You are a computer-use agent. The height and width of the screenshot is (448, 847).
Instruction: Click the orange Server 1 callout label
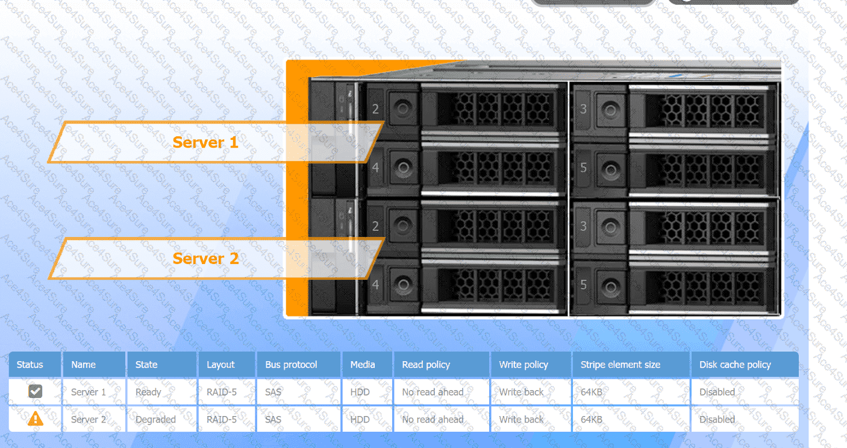pos(206,142)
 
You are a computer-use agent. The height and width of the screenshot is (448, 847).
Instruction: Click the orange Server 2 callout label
pos(206,259)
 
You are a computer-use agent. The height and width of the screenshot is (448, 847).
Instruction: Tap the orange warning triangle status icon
pos(36,419)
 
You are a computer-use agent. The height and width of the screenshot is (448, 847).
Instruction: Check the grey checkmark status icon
pos(36,392)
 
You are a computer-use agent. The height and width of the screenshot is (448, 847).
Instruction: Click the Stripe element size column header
pos(620,365)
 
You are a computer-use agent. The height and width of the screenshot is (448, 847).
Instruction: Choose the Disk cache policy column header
pos(735,365)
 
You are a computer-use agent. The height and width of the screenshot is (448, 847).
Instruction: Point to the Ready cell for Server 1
pos(148,392)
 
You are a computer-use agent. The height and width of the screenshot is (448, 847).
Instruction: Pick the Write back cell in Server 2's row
pos(521,420)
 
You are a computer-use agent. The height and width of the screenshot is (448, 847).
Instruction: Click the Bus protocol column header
pos(291,365)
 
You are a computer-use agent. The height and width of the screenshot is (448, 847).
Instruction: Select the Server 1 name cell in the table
pos(89,392)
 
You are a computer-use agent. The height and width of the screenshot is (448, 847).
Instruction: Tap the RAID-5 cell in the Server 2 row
pos(222,420)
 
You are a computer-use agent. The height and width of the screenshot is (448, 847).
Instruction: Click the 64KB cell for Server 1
pos(592,392)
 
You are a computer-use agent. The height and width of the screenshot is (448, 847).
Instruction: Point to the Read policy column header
pos(426,365)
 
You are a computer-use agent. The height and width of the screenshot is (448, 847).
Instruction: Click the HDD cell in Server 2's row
pos(360,420)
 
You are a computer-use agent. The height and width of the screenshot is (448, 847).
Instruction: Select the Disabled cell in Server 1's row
pos(717,392)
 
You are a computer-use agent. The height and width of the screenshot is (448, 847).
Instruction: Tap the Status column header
pos(30,365)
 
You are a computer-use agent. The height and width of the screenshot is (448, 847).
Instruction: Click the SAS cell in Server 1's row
pos(273,392)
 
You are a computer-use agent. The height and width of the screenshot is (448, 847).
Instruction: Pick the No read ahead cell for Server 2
pos(433,420)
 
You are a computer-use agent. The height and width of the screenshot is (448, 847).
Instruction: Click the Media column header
pos(363,365)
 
